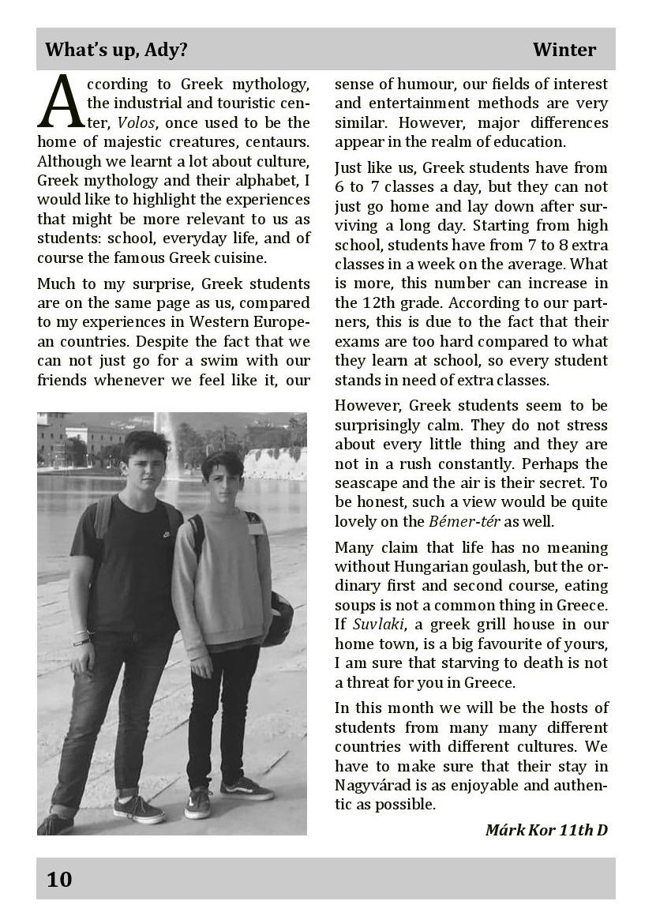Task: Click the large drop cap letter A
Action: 60,102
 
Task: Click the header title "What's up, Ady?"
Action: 116,50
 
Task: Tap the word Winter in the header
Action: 564,50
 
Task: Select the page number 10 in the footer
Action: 59,879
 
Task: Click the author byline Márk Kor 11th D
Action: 545,829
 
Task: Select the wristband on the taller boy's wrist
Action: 82,638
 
